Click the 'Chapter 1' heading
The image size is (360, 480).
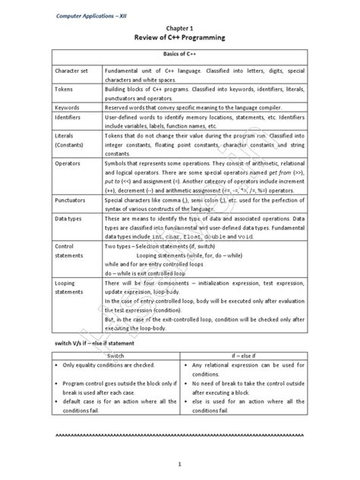180,27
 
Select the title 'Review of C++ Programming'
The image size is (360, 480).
180,36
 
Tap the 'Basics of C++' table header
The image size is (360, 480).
180,55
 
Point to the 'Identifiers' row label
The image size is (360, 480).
71,118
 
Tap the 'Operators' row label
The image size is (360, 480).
70,163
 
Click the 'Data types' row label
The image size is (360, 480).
71,218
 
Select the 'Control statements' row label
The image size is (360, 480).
71,251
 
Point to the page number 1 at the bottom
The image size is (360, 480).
180,463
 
